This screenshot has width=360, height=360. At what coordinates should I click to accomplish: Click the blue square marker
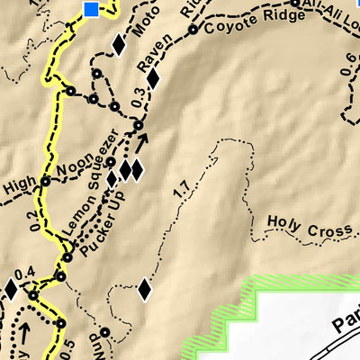[91, 9]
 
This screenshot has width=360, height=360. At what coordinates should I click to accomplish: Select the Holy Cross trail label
[309, 228]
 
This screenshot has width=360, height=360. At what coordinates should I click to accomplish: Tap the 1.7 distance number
[181, 189]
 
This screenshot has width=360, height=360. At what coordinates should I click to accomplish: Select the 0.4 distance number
[24, 273]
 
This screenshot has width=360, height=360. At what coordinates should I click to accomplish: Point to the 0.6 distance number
[349, 64]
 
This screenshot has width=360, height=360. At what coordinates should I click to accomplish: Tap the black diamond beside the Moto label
[117, 45]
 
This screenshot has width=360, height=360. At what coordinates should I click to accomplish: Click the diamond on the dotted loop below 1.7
[143, 290]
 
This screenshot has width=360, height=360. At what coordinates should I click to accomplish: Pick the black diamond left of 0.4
[10, 289]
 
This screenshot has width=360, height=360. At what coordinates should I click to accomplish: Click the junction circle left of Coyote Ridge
[192, 30]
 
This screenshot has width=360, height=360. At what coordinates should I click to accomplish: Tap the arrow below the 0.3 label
[140, 141]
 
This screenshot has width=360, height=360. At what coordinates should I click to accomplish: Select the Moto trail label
[139, 37]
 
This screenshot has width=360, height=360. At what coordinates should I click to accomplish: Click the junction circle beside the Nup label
[104, 332]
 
